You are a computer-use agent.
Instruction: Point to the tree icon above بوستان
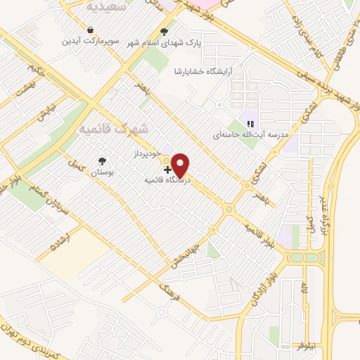click(x=103, y=161)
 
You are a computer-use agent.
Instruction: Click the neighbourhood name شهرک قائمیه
click(x=114, y=130)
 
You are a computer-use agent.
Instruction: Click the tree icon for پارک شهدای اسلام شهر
click(x=165, y=31)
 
